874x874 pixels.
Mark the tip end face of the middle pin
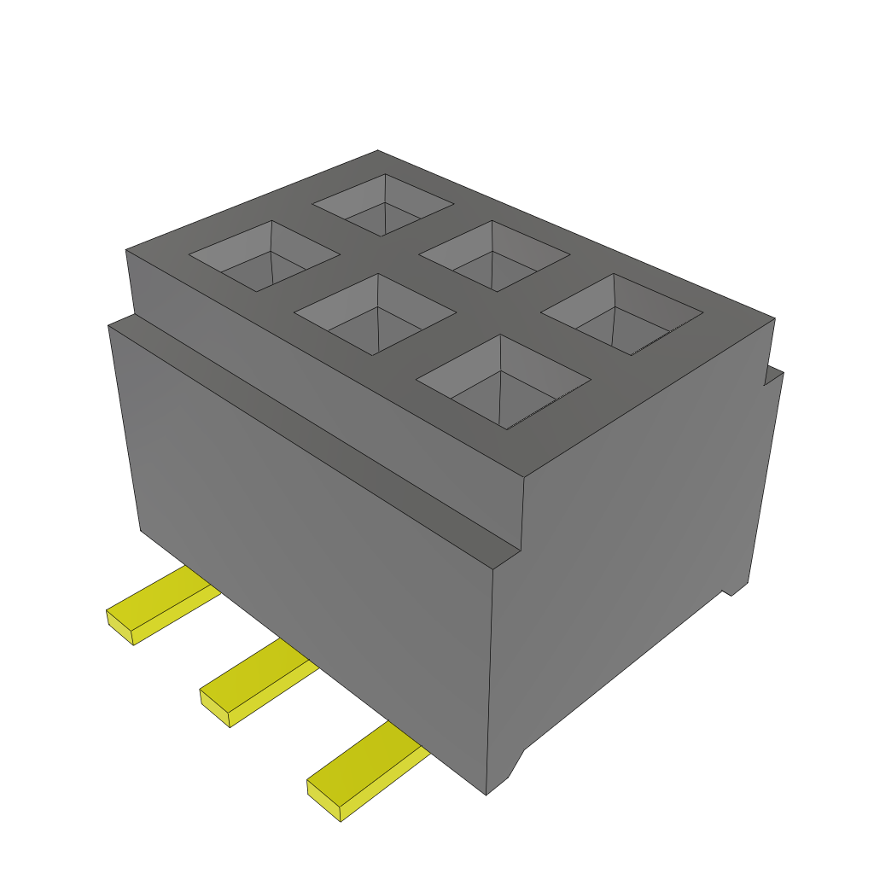pyautogui.click(x=215, y=708)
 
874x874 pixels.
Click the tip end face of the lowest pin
pyautogui.click(x=323, y=802)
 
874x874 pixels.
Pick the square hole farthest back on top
pyautogui.click(x=383, y=204)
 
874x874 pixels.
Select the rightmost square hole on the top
pyautogui.click(x=622, y=314)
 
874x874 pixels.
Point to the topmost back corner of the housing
pyautogui.click(x=378, y=151)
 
